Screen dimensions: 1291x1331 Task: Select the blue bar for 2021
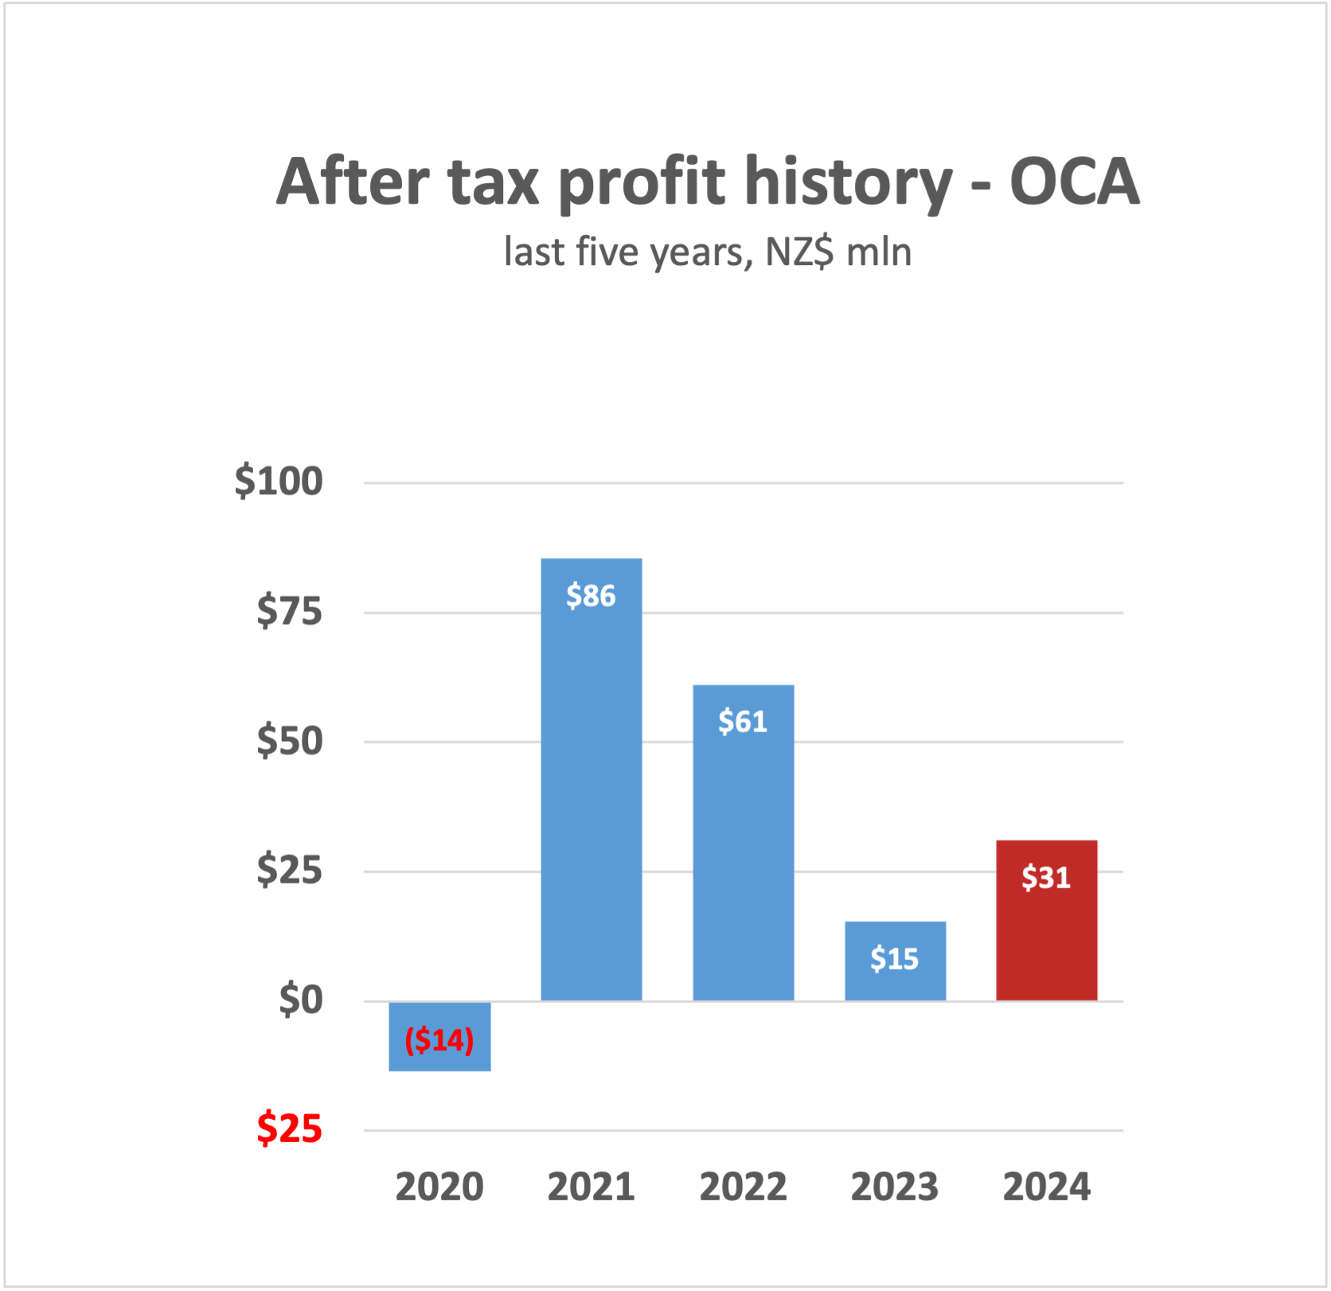click(591, 796)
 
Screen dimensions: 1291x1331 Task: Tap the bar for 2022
click(743, 860)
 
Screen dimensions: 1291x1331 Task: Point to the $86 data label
click(591, 595)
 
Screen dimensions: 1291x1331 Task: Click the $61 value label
click(743, 721)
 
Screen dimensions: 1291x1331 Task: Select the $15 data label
click(894, 958)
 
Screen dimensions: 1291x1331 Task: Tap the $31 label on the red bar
click(1046, 877)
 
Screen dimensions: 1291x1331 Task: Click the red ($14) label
click(439, 1039)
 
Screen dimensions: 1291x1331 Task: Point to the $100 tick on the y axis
click(279, 481)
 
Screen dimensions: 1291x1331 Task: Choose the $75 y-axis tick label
click(289, 611)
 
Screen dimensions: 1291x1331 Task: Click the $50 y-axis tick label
click(289, 741)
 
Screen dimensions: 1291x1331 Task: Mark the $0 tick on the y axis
click(300, 1000)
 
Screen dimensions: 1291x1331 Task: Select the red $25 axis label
click(289, 1129)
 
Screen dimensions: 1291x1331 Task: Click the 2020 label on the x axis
click(439, 1187)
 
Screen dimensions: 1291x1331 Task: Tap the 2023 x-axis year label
click(894, 1187)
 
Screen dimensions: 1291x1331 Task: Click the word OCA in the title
click(1074, 181)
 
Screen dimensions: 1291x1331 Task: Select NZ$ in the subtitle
click(799, 252)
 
